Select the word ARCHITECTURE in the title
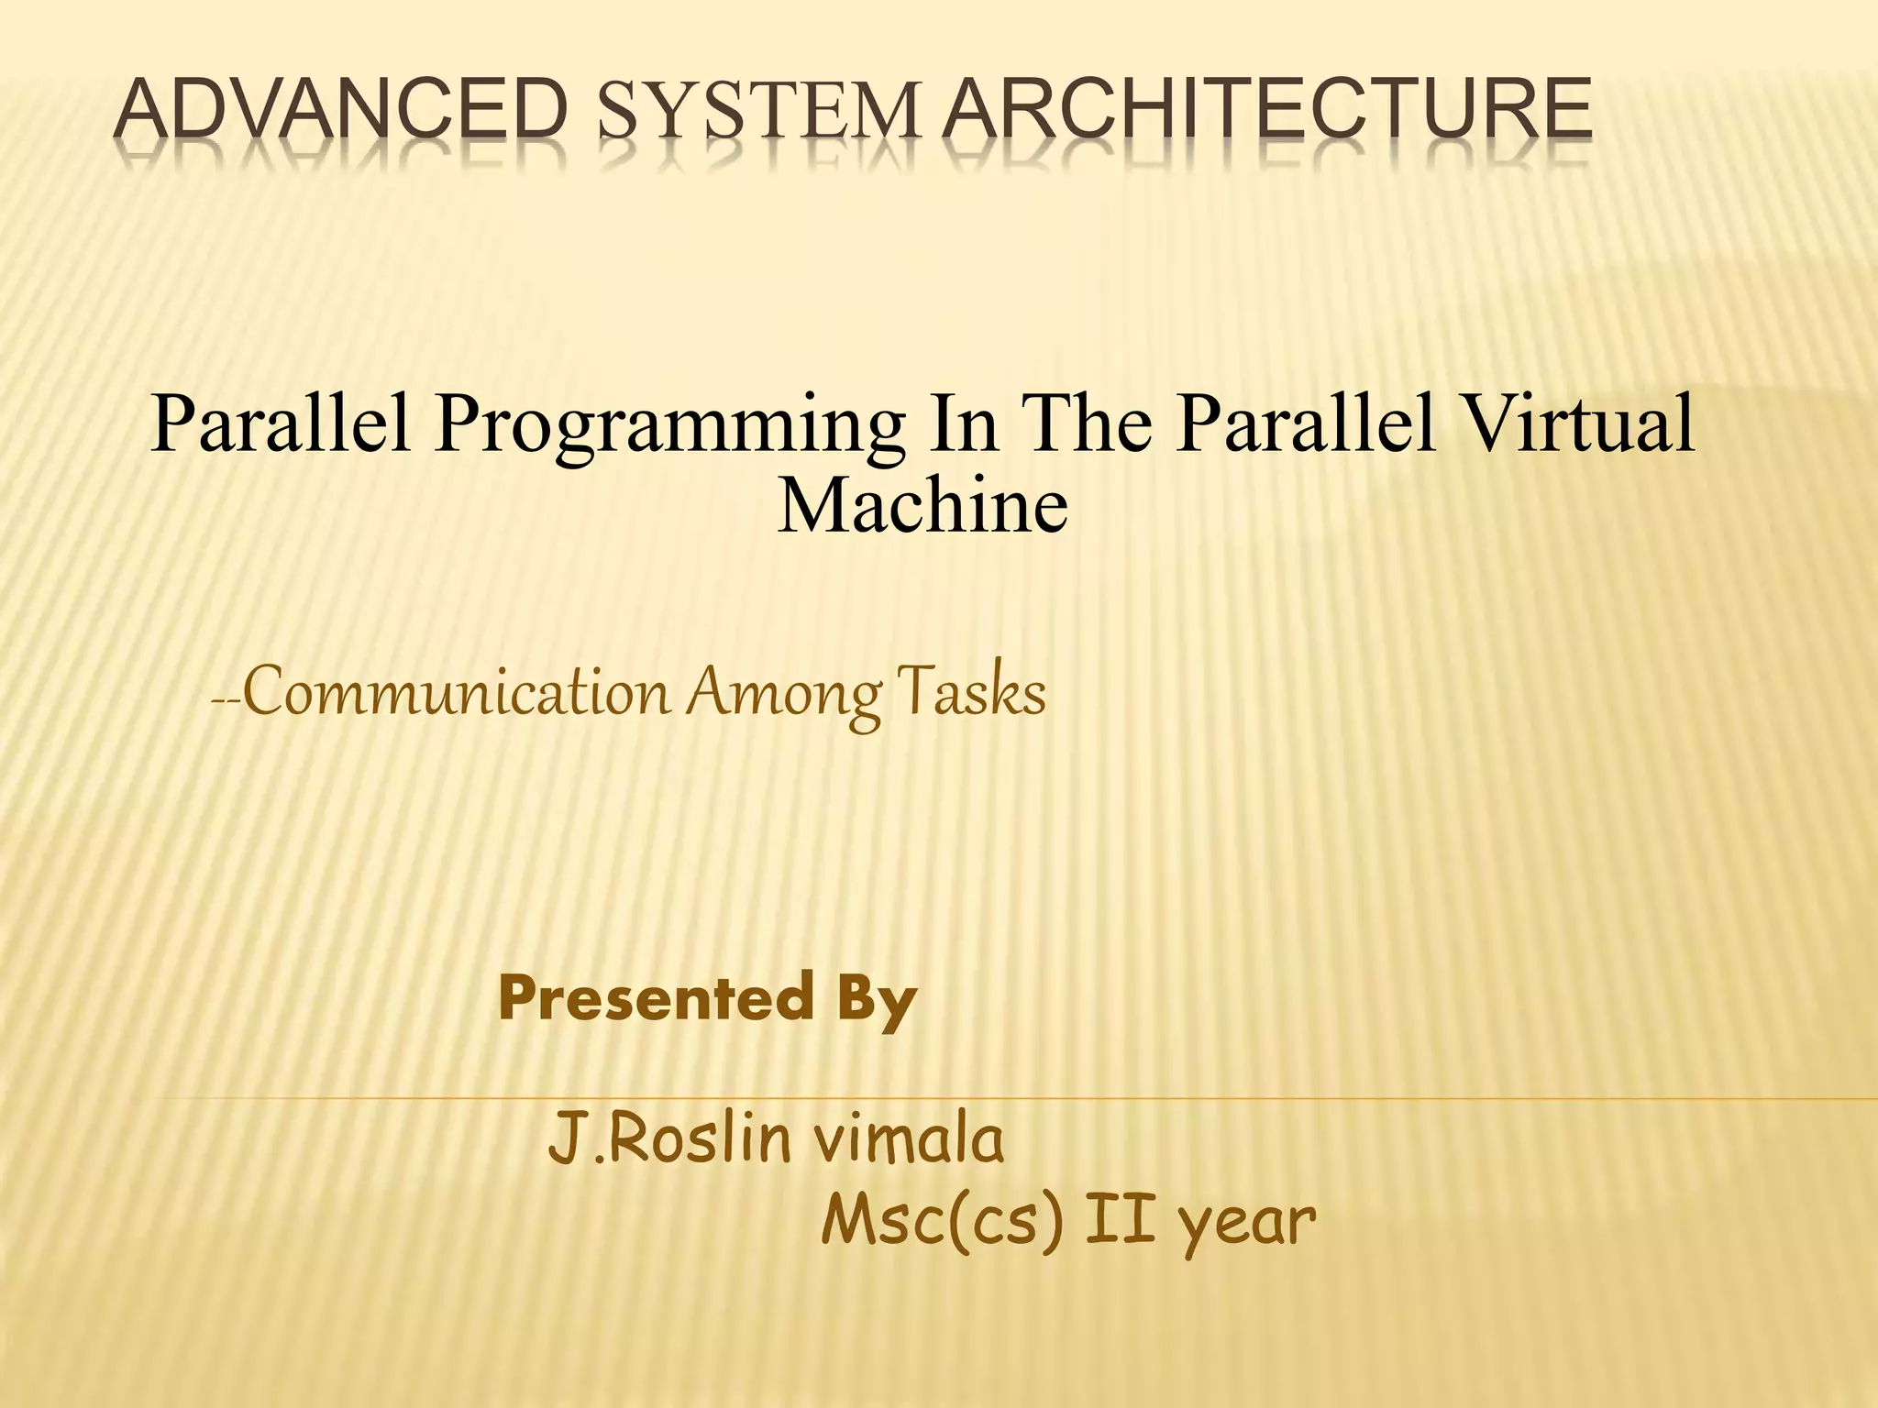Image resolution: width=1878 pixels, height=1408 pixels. coord(1268,111)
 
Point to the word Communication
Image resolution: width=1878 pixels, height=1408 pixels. coord(456,694)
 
